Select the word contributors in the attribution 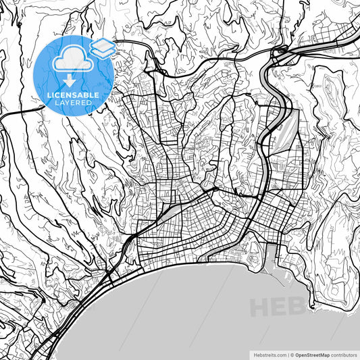[342, 354]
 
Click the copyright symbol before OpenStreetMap [291, 354]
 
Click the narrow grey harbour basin [272, 257]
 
